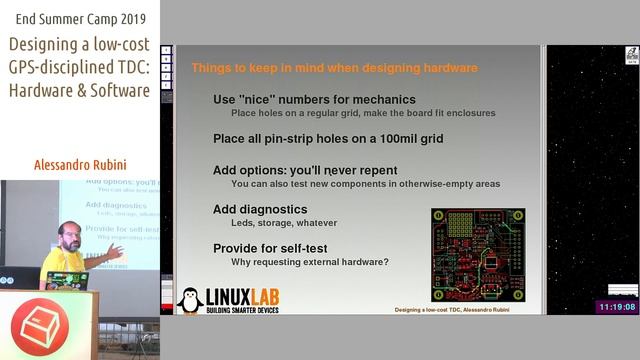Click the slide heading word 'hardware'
pos(445,68)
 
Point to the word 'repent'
pos(375,170)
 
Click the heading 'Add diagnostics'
pos(260,209)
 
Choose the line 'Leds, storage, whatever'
pos(284,223)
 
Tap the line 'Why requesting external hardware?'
pos(309,262)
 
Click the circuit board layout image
pos(477,255)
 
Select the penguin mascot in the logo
pos(190,299)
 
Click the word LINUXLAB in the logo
pos(243,295)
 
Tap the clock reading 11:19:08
pos(617,306)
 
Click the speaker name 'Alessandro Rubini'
pos(79,165)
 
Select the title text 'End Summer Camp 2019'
pos(79,18)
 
